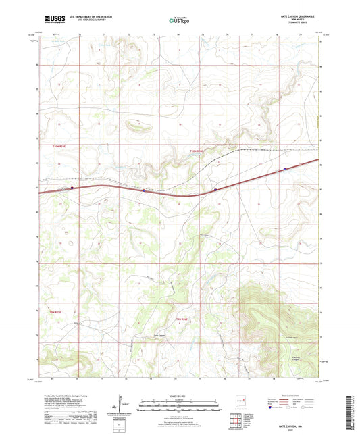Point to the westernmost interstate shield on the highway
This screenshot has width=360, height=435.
[x=72, y=188]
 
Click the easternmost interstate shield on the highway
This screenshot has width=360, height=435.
[x=285, y=168]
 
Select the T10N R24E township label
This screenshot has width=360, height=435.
[x=196, y=151]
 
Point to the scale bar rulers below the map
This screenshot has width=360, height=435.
[x=179, y=405]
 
